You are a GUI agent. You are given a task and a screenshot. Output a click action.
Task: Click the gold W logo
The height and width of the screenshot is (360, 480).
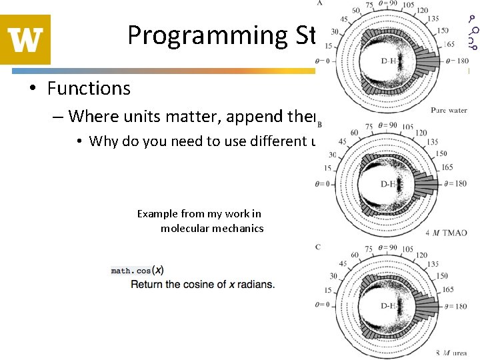[x=25, y=39]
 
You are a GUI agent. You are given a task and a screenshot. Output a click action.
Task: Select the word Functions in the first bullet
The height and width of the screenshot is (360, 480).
[x=89, y=88]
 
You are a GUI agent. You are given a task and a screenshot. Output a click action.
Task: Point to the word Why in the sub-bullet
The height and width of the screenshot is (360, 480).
[x=104, y=141]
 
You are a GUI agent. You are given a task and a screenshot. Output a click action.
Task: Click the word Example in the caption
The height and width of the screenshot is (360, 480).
[x=157, y=214]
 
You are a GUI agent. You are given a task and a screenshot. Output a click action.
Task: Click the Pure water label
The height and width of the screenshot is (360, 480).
[x=448, y=110]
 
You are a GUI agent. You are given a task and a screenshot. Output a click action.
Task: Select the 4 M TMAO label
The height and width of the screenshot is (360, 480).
[x=446, y=233]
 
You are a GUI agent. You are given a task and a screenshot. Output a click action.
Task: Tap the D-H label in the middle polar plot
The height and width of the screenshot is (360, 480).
[x=390, y=184]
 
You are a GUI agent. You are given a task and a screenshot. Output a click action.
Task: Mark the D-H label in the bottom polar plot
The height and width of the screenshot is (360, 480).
[x=390, y=307]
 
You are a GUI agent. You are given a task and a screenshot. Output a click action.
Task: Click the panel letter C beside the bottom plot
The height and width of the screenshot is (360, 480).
[x=319, y=247]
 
